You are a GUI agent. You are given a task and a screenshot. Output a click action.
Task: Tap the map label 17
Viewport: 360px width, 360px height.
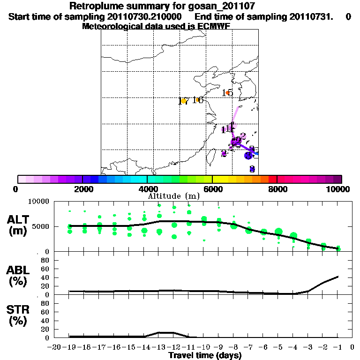click(x=183, y=101)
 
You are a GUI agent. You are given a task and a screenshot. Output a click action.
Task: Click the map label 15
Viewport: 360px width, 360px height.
click(x=228, y=93)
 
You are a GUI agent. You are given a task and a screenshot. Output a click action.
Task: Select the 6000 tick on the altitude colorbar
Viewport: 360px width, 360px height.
click(x=212, y=189)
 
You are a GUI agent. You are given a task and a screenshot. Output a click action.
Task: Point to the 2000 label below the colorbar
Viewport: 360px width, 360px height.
click(x=82, y=189)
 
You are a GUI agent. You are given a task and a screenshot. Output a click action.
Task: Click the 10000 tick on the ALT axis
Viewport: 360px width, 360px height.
click(x=39, y=202)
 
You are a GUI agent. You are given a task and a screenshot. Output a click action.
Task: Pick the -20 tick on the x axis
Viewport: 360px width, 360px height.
click(x=54, y=348)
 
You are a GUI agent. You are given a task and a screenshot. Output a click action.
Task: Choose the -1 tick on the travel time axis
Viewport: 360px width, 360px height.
click(x=337, y=348)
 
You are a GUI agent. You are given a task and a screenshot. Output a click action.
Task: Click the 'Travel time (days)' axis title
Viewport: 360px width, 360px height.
click(x=204, y=356)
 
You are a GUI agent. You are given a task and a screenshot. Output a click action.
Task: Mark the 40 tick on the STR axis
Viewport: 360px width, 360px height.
click(x=46, y=320)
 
